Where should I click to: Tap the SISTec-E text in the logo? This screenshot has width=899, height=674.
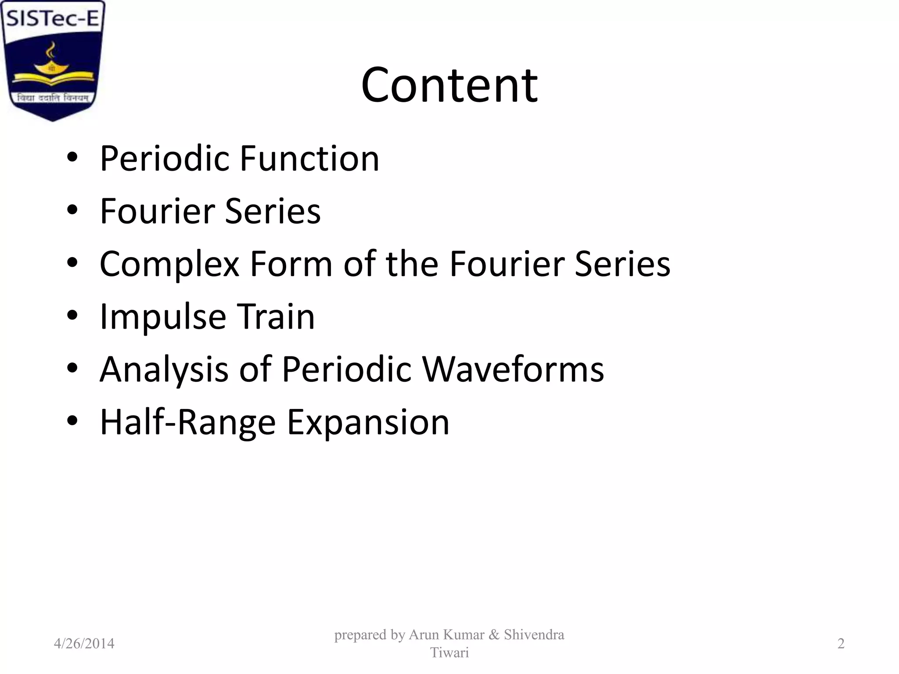click(53, 19)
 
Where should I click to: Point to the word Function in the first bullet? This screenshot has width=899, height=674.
click(309, 158)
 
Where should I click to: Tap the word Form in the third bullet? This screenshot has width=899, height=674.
click(291, 264)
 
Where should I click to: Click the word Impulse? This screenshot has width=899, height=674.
click(163, 317)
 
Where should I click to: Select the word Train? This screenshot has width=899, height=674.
click(276, 316)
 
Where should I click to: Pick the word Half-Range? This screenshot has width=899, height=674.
click(188, 423)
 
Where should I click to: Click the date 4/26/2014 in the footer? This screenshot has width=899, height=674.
click(84, 644)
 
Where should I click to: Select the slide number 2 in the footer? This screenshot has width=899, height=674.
click(841, 644)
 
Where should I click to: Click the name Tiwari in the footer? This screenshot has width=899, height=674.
click(449, 653)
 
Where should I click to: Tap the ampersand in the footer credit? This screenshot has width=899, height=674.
click(494, 635)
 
